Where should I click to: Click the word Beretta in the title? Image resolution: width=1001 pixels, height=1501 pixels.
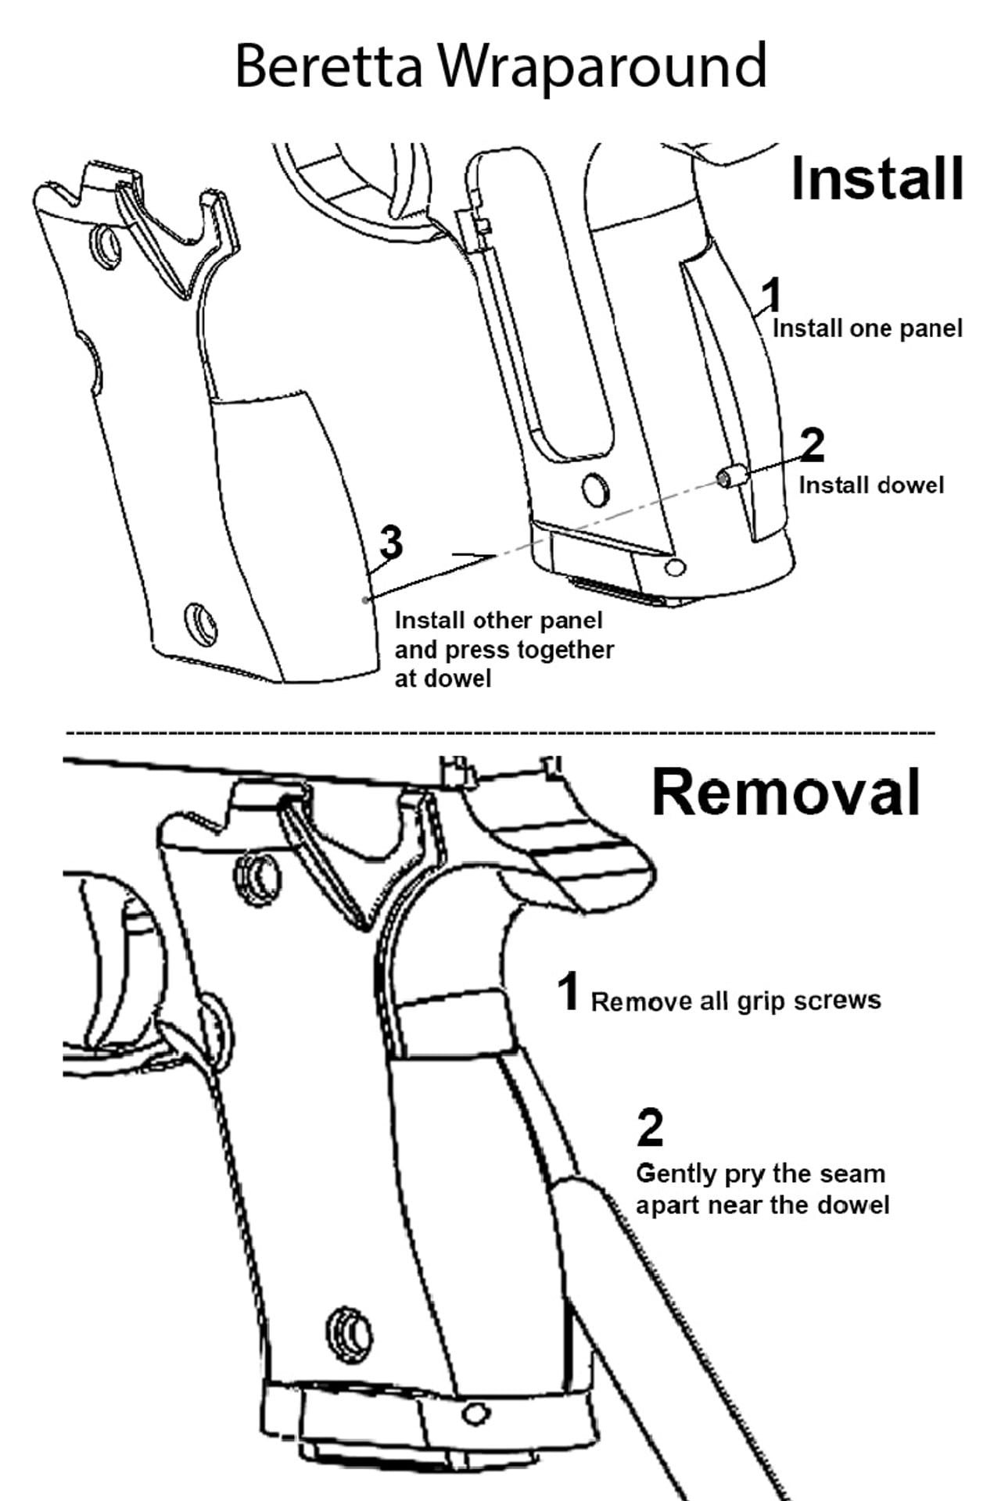click(x=328, y=66)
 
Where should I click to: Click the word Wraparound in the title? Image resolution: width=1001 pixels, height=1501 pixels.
click(x=602, y=67)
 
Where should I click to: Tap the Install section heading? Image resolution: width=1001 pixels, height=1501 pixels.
click(x=877, y=179)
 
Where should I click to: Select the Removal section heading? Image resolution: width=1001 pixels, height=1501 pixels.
click(x=786, y=792)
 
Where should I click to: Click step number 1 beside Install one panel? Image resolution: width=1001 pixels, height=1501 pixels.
click(x=772, y=295)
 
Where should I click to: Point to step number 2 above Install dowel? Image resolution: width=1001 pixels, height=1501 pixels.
click(x=813, y=444)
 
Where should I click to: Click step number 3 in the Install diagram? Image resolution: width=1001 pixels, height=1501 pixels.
click(x=391, y=542)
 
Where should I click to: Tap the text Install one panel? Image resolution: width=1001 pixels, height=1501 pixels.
click(x=867, y=328)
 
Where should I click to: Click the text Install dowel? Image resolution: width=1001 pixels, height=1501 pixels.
click(x=871, y=485)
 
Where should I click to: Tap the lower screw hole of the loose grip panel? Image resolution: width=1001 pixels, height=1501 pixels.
click(x=201, y=623)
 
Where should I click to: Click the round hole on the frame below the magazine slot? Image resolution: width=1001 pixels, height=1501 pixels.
click(x=597, y=489)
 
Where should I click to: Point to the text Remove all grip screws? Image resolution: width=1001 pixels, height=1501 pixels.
click(x=736, y=1001)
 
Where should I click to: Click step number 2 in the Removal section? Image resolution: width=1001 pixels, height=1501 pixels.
click(x=650, y=1127)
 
